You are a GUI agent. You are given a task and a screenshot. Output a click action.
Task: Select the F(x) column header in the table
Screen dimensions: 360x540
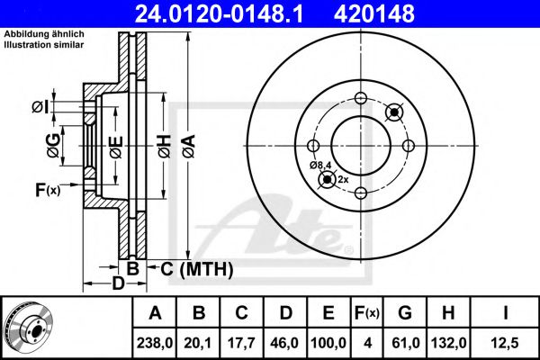point(367,313)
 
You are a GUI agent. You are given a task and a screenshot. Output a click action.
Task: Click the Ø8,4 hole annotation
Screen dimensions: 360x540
point(319,165)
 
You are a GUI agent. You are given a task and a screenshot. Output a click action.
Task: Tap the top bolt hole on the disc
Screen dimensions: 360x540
point(360,99)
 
